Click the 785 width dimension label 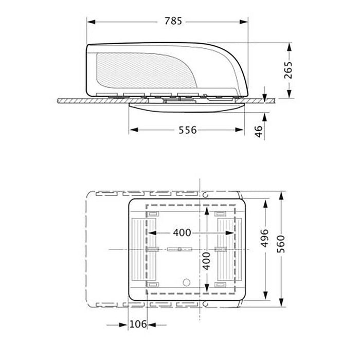pyautogui.click(x=173, y=21)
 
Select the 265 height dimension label pyautogui.click(x=289, y=70)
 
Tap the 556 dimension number pyautogui.click(x=188, y=130)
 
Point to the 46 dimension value pyautogui.click(x=259, y=131)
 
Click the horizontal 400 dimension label pyautogui.click(x=182, y=232)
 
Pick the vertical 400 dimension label pyautogui.click(x=207, y=261)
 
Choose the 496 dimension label pyautogui.click(x=265, y=238)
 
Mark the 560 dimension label pyautogui.click(x=281, y=244)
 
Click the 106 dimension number pyautogui.click(x=138, y=324)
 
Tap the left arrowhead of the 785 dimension pyautogui.click(x=91, y=22)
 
